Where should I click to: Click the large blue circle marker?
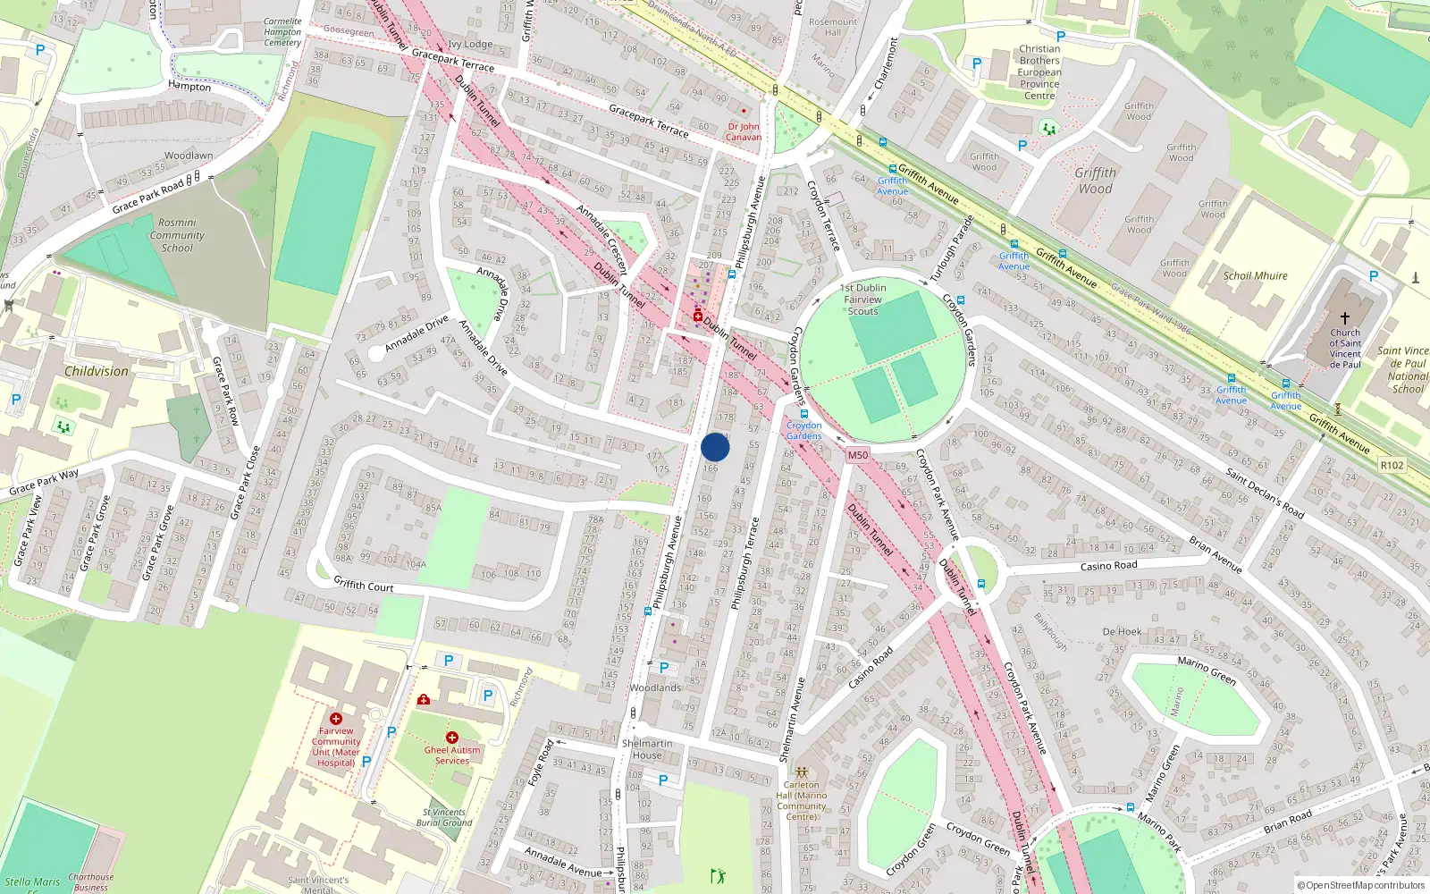pyautogui.click(x=715, y=447)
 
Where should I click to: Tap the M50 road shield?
pyautogui.click(x=857, y=455)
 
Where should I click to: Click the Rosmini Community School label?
pyautogui.click(x=177, y=235)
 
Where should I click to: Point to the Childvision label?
pyautogui.click(x=97, y=371)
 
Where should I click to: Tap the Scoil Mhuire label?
pyautogui.click(x=1255, y=275)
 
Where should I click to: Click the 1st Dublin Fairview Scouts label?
pyautogui.click(x=863, y=299)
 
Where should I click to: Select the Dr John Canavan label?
pyautogui.click(x=744, y=131)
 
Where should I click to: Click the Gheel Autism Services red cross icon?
pyautogui.click(x=452, y=738)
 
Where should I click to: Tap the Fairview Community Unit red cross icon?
pyautogui.click(x=336, y=719)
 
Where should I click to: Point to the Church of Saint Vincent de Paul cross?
pyautogui.click(x=1344, y=317)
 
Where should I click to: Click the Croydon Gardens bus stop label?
pyautogui.click(x=803, y=430)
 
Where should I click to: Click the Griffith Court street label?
pyautogui.click(x=363, y=585)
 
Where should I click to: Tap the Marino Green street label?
pyautogui.click(x=1207, y=670)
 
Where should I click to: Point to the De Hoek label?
pyautogui.click(x=1122, y=631)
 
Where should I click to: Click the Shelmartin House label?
pyautogui.click(x=647, y=749)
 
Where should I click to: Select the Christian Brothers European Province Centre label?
pyautogui.click(x=1039, y=72)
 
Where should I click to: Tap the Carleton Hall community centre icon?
pyautogui.click(x=802, y=772)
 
